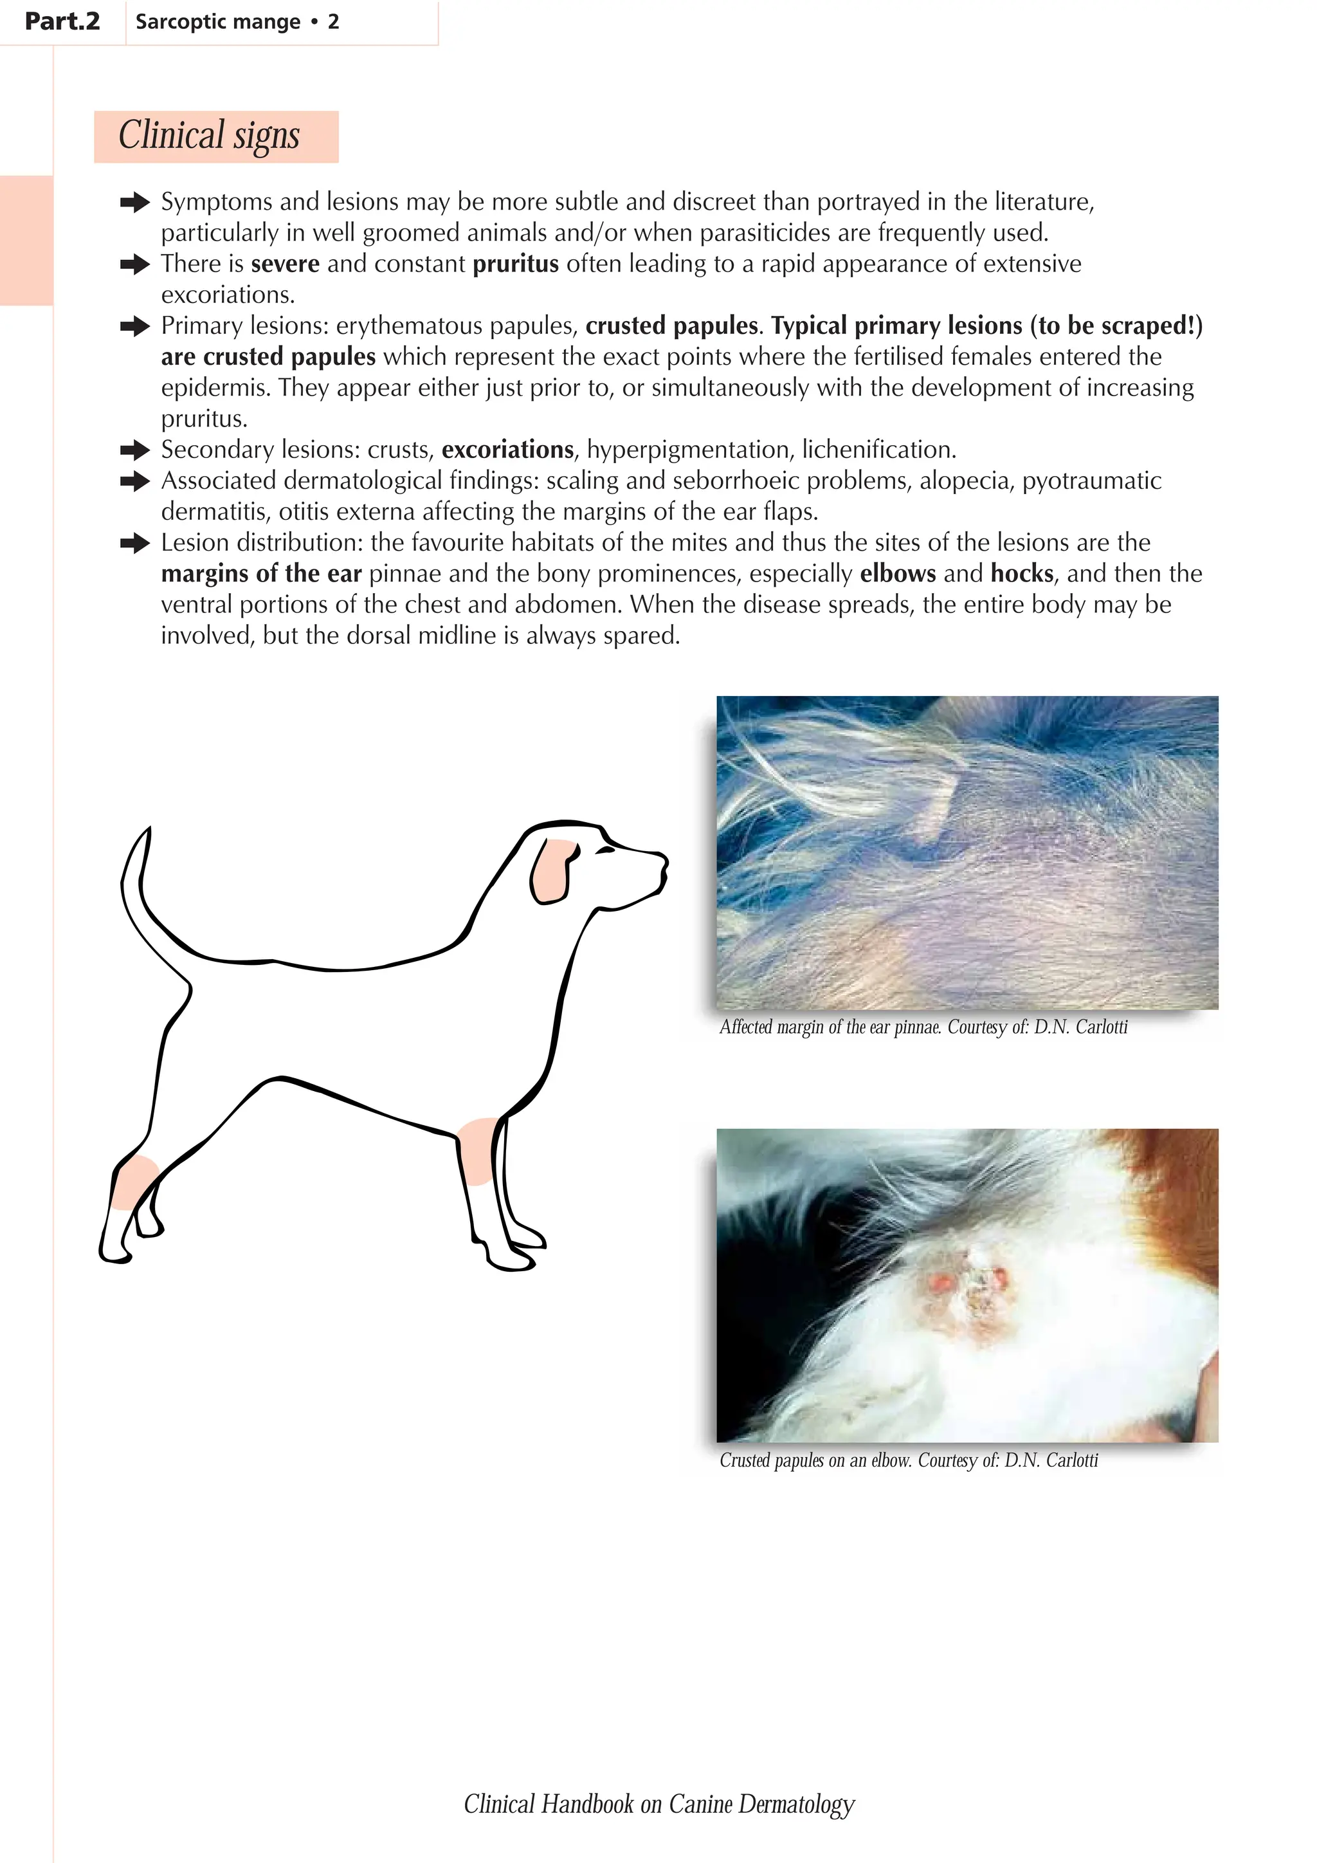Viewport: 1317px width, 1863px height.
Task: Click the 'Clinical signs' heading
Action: click(209, 136)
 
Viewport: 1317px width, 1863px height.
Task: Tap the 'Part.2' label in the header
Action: click(62, 22)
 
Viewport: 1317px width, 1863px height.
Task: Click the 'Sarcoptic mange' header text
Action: click(217, 22)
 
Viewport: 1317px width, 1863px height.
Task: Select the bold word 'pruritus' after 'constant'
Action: click(516, 264)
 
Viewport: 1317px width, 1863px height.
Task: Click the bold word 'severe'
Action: click(286, 264)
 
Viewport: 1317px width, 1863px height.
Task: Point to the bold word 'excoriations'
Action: click(507, 450)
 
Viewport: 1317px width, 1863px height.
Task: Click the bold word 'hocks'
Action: click(1022, 574)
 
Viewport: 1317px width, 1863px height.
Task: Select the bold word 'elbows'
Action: click(898, 574)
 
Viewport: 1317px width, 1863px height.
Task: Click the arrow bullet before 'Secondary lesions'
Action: click(134, 450)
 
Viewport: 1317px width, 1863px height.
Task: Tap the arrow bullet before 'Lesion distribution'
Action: click(134, 543)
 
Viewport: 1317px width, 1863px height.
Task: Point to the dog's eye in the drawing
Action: click(606, 850)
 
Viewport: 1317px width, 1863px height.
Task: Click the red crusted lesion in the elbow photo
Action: click(969, 1290)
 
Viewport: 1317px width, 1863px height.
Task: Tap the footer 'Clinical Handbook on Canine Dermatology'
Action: click(658, 1804)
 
